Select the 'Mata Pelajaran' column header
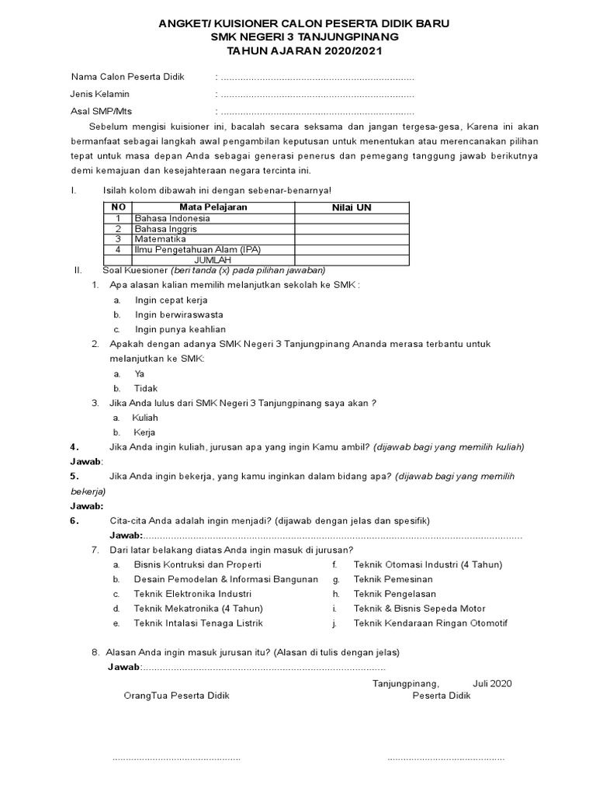pos(213,207)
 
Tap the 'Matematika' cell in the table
pos(161,239)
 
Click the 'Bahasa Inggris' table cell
pos(165,229)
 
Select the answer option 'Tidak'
pos(146,388)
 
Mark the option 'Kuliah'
pos(145,418)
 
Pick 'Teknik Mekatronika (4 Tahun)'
pos(199,609)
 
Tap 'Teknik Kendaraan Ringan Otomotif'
pos(430,623)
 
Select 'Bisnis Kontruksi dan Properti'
pos(197,564)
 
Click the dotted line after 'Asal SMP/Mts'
pos(317,111)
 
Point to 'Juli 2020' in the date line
pos(492,684)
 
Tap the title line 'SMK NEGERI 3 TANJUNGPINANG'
pos(299,37)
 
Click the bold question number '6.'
pos(74,521)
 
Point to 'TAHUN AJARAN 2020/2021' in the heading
pos(299,51)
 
